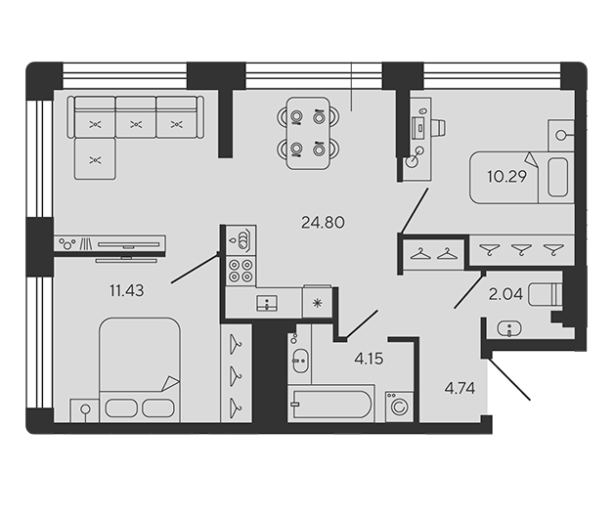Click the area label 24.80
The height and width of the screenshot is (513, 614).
coord(323,223)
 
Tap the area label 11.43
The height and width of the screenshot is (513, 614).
coord(127,291)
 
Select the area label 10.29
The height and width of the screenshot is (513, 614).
coord(507,177)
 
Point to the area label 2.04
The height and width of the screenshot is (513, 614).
coord(505,294)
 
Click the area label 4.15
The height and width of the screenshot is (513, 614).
coord(369,359)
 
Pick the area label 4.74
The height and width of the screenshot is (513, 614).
coord(460,389)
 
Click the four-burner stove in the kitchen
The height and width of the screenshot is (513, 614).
coord(241,271)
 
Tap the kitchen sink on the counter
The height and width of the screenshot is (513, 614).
coord(267,303)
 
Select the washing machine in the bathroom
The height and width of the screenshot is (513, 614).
coord(399,406)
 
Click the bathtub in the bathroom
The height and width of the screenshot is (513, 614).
coord(330,404)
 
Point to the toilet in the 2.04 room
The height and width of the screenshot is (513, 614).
coord(545,295)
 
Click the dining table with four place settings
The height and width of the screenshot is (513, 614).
coord(307,133)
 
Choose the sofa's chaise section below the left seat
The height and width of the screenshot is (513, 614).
coord(95,159)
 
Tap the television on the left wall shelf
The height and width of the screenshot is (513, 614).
coord(129,245)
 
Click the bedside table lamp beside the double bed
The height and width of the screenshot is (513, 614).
coord(85,409)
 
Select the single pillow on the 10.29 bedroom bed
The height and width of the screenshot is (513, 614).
coord(557,177)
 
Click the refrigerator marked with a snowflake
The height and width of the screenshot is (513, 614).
coord(317,302)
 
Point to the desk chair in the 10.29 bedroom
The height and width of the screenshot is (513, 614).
coord(440,128)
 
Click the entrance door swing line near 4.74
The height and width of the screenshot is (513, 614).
coord(509,379)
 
